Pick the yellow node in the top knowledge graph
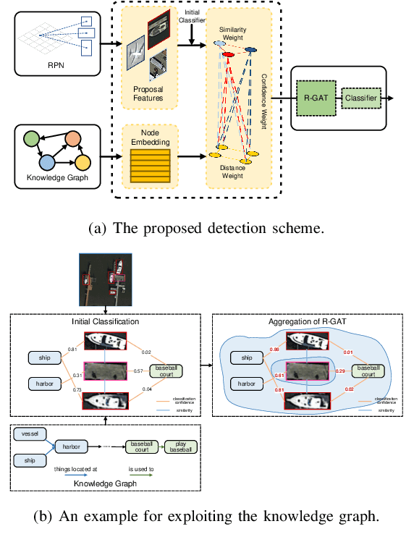[82, 161]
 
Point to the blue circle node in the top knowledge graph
[48, 161]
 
